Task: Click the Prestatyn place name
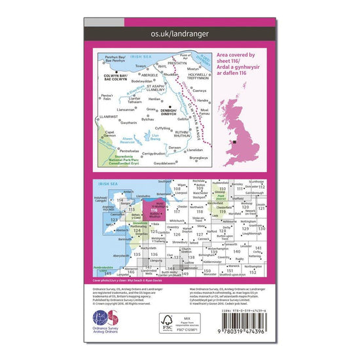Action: [x=171, y=64]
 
